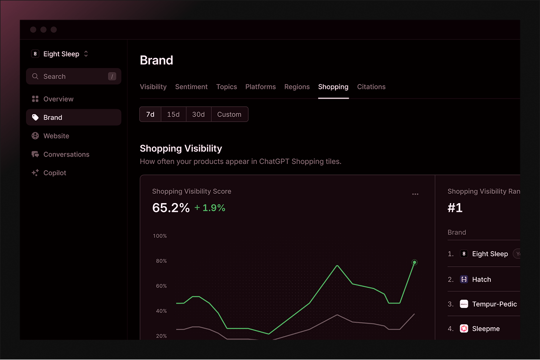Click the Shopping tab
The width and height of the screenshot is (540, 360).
pos(333,87)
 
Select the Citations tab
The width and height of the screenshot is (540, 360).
pos(371,87)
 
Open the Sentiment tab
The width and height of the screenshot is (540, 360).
pos(191,87)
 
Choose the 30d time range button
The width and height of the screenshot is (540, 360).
pos(198,114)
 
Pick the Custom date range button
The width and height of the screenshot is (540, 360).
pos(229,114)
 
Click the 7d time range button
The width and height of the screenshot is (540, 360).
pos(150,114)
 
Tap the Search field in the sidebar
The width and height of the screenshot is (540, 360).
pos(74,77)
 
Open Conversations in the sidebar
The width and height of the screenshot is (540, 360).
pos(66,154)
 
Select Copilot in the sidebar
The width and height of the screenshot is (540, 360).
pos(54,173)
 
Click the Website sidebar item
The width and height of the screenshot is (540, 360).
pos(56,136)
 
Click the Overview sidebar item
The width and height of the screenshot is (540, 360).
pos(58,99)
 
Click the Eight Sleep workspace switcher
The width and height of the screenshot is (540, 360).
pos(60,54)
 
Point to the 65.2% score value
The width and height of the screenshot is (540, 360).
pos(171,208)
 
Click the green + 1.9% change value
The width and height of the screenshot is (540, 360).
pos(210,208)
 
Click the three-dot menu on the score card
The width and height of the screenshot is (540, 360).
pos(415,194)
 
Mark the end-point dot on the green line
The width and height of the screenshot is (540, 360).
pos(414,262)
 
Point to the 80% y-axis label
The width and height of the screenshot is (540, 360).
pos(161,261)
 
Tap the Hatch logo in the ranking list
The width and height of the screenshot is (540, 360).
pos(464,280)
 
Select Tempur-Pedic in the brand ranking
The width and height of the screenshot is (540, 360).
pos(494,304)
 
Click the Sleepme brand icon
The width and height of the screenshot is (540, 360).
pos(464,329)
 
